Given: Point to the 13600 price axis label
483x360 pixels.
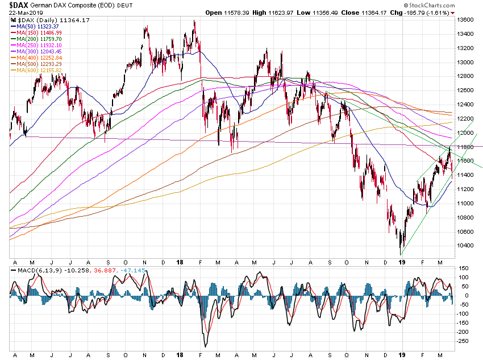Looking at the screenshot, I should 464,19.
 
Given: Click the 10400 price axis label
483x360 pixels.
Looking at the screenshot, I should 464,246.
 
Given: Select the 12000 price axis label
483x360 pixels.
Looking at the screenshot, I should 464,133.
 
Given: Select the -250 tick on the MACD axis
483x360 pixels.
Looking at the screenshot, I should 463,341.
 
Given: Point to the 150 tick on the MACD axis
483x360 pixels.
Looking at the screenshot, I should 463,268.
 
